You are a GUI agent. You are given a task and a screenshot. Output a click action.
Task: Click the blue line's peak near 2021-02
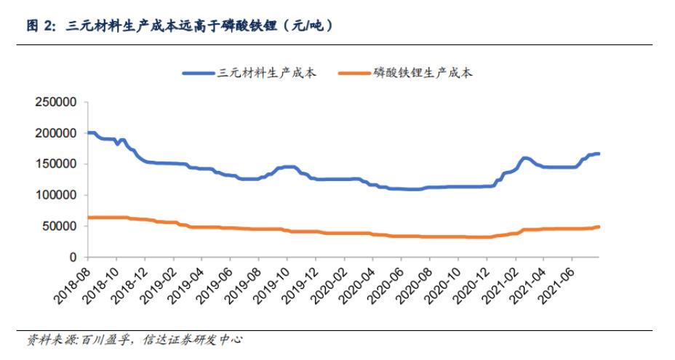pyautogui.click(x=524, y=158)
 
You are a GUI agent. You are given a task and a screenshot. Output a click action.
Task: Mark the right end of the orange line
pyautogui.click(x=598, y=227)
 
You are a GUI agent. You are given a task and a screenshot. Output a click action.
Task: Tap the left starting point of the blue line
pyautogui.click(x=88, y=132)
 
